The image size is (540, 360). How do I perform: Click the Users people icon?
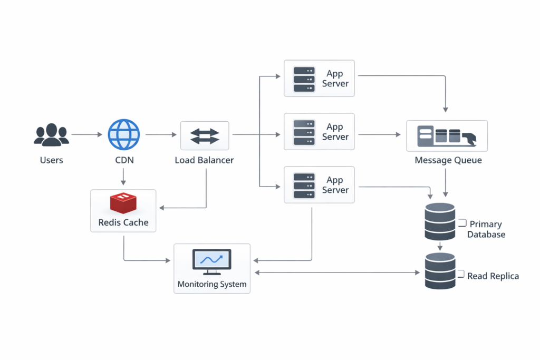(51, 135)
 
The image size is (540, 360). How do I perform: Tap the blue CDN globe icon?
(124, 135)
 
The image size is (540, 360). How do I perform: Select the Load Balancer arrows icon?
(205, 135)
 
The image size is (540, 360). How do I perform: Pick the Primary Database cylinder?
(439, 221)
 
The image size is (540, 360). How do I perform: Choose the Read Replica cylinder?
(440, 270)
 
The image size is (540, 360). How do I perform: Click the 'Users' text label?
(51, 160)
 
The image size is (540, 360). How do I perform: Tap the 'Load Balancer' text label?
(204, 160)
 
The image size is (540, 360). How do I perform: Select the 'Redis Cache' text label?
(123, 222)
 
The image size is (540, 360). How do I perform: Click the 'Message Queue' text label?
(448, 160)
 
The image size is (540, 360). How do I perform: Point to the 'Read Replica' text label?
(493, 276)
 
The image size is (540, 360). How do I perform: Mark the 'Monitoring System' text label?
(212, 285)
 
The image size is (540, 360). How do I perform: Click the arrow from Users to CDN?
(86, 135)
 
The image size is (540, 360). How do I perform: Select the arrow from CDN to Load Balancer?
(161, 135)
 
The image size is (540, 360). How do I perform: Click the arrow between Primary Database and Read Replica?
(440, 246)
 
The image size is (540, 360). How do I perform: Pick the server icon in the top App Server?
(304, 78)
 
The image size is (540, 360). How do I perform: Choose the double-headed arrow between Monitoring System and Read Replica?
(337, 273)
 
